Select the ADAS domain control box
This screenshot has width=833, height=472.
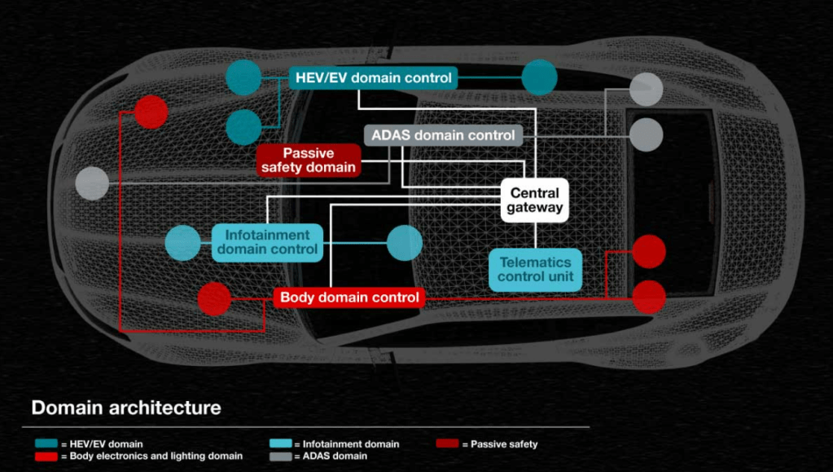click(442, 135)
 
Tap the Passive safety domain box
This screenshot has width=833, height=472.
click(308, 160)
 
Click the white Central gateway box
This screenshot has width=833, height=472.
click(534, 201)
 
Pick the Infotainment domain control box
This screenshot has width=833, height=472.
click(268, 242)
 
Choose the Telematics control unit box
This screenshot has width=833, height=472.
click(536, 270)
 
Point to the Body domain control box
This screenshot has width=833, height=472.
click(349, 298)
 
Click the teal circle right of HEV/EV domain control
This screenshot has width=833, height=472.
click(539, 78)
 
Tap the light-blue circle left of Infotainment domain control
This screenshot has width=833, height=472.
click(182, 243)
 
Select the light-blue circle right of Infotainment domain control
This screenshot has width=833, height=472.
click(405, 243)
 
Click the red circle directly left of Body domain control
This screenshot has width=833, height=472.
click(214, 299)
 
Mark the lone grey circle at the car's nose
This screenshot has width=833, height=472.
click(92, 183)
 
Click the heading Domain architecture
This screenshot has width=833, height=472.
click(126, 407)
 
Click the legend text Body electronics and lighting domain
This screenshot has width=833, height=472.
click(156, 457)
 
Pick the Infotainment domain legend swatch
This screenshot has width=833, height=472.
click(279, 444)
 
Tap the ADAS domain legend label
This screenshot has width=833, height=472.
click(335, 457)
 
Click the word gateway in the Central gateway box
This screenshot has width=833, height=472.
click(534, 208)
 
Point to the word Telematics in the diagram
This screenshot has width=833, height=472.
click(536, 262)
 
